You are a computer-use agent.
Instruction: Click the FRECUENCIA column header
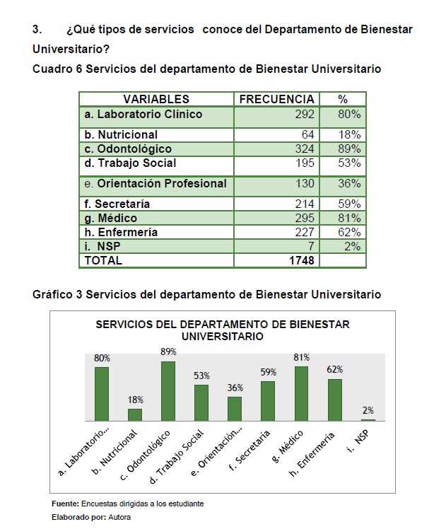click(276, 99)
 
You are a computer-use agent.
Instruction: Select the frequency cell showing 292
click(305, 114)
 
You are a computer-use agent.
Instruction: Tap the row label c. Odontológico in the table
click(128, 149)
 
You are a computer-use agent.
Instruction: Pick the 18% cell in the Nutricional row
click(349, 134)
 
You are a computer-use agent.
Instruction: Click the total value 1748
click(301, 260)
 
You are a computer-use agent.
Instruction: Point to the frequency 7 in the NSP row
click(311, 246)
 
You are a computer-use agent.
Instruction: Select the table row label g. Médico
click(110, 219)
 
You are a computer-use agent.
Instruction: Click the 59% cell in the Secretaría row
click(349, 204)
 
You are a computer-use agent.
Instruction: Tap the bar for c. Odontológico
click(168, 391)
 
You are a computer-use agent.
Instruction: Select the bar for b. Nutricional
click(135, 415)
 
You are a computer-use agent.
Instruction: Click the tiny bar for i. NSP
click(368, 420)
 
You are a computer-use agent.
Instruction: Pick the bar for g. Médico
click(301, 394)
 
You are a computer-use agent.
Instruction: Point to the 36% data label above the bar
click(235, 388)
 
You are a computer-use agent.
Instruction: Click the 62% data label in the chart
click(335, 370)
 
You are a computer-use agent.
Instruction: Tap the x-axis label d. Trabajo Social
click(177, 456)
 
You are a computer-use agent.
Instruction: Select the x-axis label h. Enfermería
click(312, 454)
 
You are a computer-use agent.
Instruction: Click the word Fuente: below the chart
click(66, 504)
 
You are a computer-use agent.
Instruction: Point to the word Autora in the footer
click(119, 517)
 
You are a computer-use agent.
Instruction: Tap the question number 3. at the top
click(37, 30)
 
